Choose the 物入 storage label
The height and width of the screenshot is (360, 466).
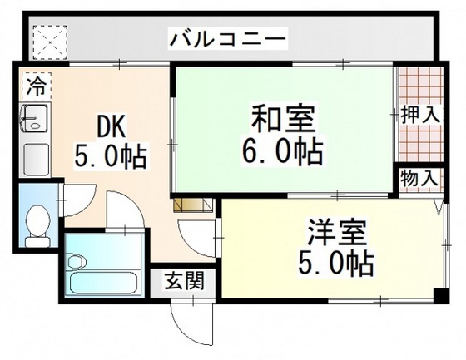click(x=419, y=177)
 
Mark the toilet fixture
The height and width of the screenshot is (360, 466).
click(x=36, y=223)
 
